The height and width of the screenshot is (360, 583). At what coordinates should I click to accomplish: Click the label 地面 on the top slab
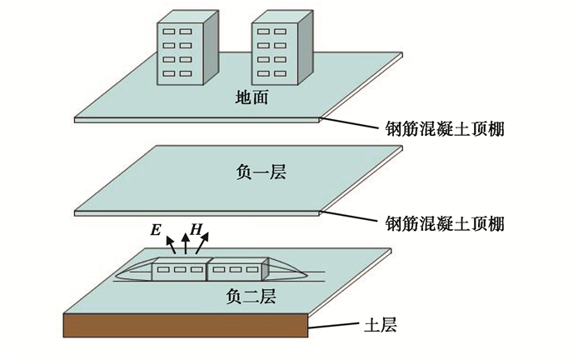[x=252, y=97]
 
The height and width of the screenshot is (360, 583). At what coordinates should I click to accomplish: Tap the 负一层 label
[x=261, y=172]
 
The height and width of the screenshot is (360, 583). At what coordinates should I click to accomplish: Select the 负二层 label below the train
[x=252, y=297]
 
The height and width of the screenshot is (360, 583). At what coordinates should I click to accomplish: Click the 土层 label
[x=381, y=324]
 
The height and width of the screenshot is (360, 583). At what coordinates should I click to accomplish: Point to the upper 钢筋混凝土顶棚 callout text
[x=445, y=129]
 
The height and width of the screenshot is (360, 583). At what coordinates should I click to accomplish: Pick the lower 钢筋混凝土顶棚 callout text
[x=445, y=224]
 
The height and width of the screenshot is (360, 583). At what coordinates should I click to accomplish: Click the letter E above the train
[x=156, y=230]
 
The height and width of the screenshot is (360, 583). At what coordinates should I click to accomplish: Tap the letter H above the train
[x=196, y=230]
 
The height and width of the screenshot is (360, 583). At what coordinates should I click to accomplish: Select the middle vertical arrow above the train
[x=185, y=244]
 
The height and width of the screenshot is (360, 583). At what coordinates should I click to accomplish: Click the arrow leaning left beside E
[x=171, y=245]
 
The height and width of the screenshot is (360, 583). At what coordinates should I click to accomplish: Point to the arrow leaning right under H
[x=202, y=243]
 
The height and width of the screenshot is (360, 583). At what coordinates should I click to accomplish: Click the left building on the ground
[x=187, y=47]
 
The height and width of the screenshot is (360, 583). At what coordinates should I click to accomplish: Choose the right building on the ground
[x=282, y=47]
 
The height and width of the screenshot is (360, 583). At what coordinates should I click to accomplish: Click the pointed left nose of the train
[x=117, y=277]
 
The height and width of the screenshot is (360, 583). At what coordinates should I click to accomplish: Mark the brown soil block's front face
[x=186, y=325]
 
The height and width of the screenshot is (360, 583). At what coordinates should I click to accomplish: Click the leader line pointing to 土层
[x=334, y=326]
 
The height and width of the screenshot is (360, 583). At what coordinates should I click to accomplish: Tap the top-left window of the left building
[x=168, y=32]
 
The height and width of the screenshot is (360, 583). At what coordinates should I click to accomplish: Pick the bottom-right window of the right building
[x=280, y=73]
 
